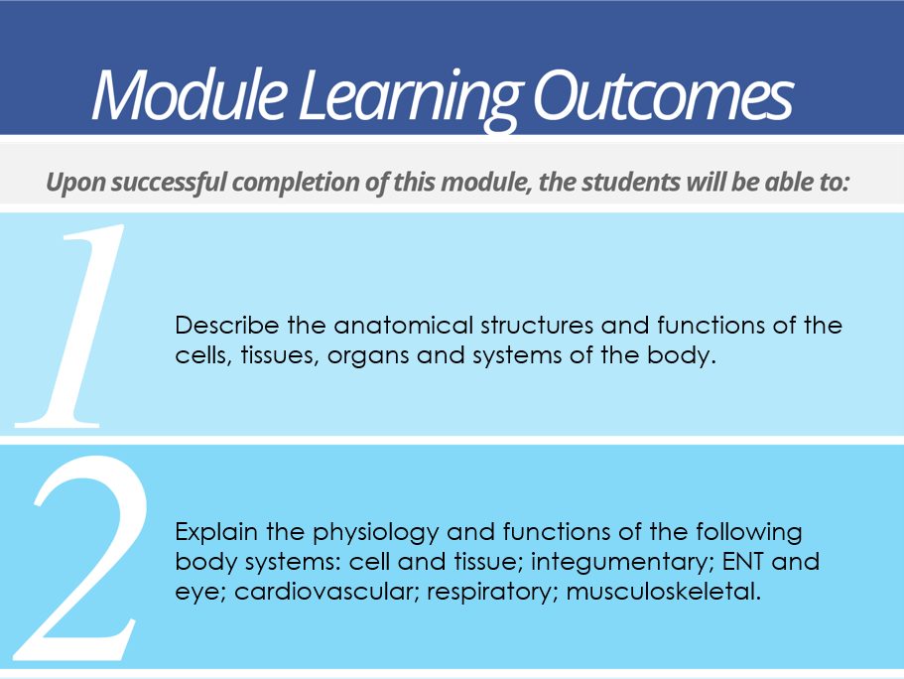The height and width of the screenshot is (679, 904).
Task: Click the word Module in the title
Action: pos(190,94)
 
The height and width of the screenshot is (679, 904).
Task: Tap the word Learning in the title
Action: pos(411,99)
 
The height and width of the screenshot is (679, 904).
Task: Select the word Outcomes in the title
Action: pos(664,96)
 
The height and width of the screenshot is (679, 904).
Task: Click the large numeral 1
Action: pos(69,326)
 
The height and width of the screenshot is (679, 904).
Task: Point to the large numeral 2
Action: pos(80,557)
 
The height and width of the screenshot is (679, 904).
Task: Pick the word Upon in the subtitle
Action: pos(75,183)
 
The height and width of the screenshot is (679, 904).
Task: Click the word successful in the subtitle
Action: pos(169,183)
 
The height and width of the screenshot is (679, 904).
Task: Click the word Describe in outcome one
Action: pos(227,326)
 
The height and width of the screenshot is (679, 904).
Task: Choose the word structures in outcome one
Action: pos(537,326)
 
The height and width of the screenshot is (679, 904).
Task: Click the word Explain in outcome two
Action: pos(216,532)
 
